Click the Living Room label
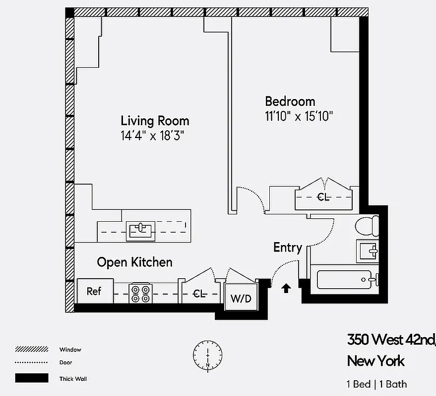tap(155, 120)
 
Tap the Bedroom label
tap(290, 101)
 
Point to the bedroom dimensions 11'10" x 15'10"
tap(298, 116)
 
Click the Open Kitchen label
tap(134, 262)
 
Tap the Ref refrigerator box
tap(94, 291)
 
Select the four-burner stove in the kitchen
tap(140, 293)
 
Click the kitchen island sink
tap(140, 230)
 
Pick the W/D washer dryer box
tap(241, 298)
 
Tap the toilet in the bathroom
tap(368, 227)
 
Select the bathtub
tap(344, 280)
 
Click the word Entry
tap(288, 247)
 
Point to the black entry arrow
tap(286, 288)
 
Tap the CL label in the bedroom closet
tap(323, 197)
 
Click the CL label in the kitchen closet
tap(199, 295)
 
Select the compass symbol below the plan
tap(207, 354)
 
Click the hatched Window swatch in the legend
tap(32, 349)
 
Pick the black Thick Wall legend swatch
tap(32, 379)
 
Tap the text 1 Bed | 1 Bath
tap(376, 384)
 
